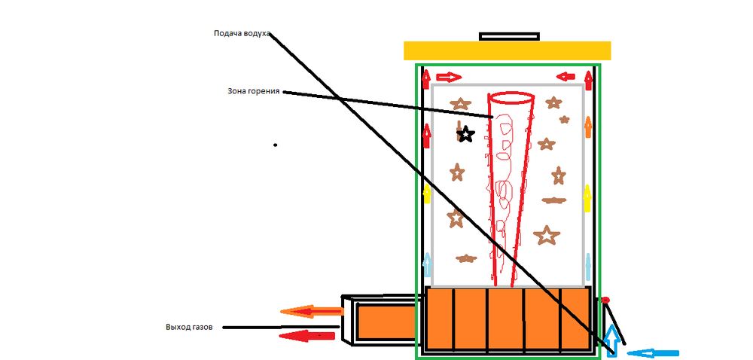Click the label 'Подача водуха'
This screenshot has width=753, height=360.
[x=242, y=34]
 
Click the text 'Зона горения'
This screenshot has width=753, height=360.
[x=254, y=91]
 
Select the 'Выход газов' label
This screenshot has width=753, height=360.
[x=189, y=328]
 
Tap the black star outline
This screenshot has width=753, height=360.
[x=466, y=135]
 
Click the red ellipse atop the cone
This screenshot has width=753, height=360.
[x=511, y=97]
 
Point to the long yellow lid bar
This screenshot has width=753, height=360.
[x=507, y=50]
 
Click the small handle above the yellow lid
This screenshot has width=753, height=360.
[x=509, y=35]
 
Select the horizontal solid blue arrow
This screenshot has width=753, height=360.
[x=653, y=352]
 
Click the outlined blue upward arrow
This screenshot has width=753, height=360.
[x=612, y=340]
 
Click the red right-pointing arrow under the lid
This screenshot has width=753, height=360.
[x=449, y=77]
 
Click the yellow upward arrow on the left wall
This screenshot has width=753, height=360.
[x=428, y=194]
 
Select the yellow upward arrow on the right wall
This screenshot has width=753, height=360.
[x=588, y=198]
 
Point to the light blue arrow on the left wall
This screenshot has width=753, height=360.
[x=428, y=264]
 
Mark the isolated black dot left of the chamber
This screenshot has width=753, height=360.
[x=275, y=145]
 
